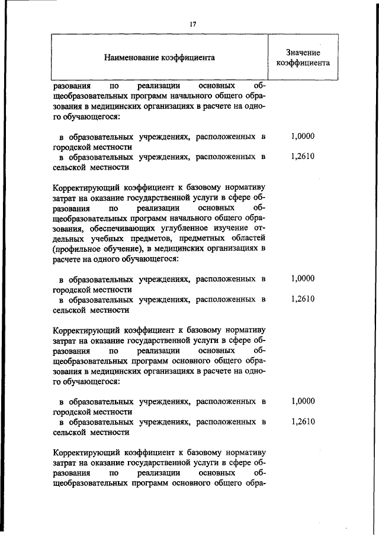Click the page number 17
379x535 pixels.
pyautogui.click(x=192, y=24)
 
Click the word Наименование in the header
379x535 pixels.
pyautogui.click(x=133, y=58)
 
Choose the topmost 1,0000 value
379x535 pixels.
pyautogui.click(x=303, y=137)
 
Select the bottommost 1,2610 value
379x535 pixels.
pyautogui.click(x=303, y=421)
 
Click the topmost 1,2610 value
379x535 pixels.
pyautogui.click(x=303, y=157)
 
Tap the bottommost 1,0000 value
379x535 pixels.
pyautogui.click(x=303, y=401)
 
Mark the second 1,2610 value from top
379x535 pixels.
pyautogui.click(x=303, y=299)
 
